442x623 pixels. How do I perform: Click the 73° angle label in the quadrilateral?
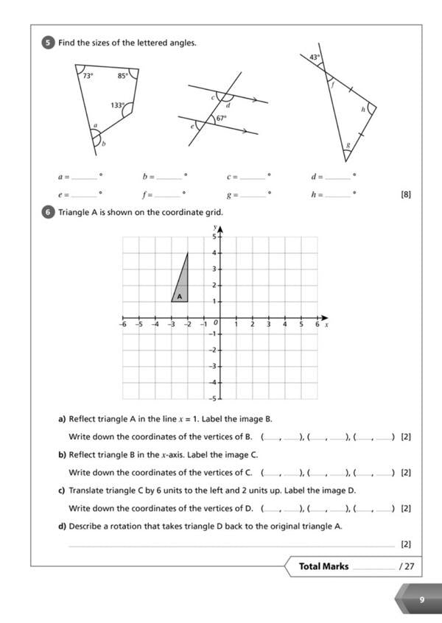pyautogui.click(x=87, y=76)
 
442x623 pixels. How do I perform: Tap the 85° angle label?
pyautogui.click(x=122, y=75)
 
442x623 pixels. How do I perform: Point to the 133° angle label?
pyautogui.click(x=117, y=105)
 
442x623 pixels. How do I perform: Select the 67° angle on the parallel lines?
pyautogui.click(x=221, y=118)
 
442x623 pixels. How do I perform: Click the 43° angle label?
pyautogui.click(x=315, y=57)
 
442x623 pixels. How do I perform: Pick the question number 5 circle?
pyautogui.click(x=49, y=43)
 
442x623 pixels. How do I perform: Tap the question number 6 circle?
pyautogui.click(x=49, y=213)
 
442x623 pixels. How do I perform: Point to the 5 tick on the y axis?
pyautogui.click(x=214, y=237)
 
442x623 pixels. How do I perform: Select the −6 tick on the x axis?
pyautogui.click(x=123, y=323)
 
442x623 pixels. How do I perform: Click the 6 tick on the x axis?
pyautogui.click(x=318, y=323)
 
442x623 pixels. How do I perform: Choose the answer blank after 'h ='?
pyautogui.click(x=337, y=196)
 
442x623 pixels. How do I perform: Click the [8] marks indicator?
pyautogui.click(x=405, y=195)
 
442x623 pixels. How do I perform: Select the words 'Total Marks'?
pyautogui.click(x=323, y=566)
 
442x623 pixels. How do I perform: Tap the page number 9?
pyautogui.click(x=422, y=599)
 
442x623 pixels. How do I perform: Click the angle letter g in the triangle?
pyautogui.click(x=348, y=145)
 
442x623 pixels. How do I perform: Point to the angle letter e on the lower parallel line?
pyautogui.click(x=193, y=126)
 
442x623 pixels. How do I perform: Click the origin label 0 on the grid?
pyautogui.click(x=216, y=323)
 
